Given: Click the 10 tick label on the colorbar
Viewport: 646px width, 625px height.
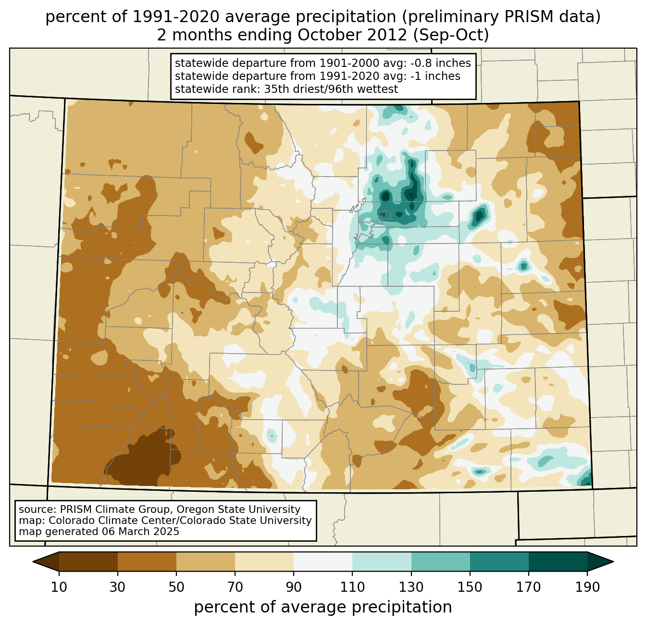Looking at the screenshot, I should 59,587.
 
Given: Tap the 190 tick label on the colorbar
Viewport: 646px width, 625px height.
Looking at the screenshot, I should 587,587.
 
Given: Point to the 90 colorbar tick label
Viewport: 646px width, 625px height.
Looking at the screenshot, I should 294,587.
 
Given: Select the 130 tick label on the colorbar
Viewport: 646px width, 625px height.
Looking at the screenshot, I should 411,587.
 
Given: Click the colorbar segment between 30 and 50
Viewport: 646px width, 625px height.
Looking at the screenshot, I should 147,561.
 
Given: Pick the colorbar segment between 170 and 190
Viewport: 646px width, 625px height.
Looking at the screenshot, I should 558,561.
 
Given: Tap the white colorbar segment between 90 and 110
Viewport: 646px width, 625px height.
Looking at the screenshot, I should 323,561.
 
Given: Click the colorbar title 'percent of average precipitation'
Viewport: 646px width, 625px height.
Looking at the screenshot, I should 323,607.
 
